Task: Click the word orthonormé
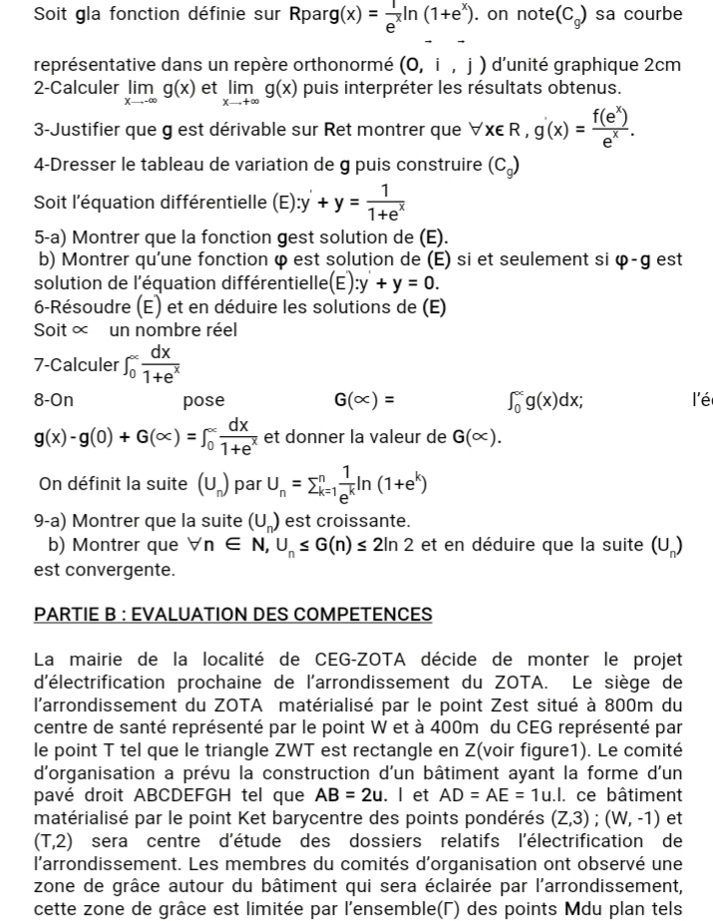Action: pos(344,66)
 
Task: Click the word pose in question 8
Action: pos(203,401)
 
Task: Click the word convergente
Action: pos(105,570)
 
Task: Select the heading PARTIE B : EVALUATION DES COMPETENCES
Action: pos(232,614)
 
